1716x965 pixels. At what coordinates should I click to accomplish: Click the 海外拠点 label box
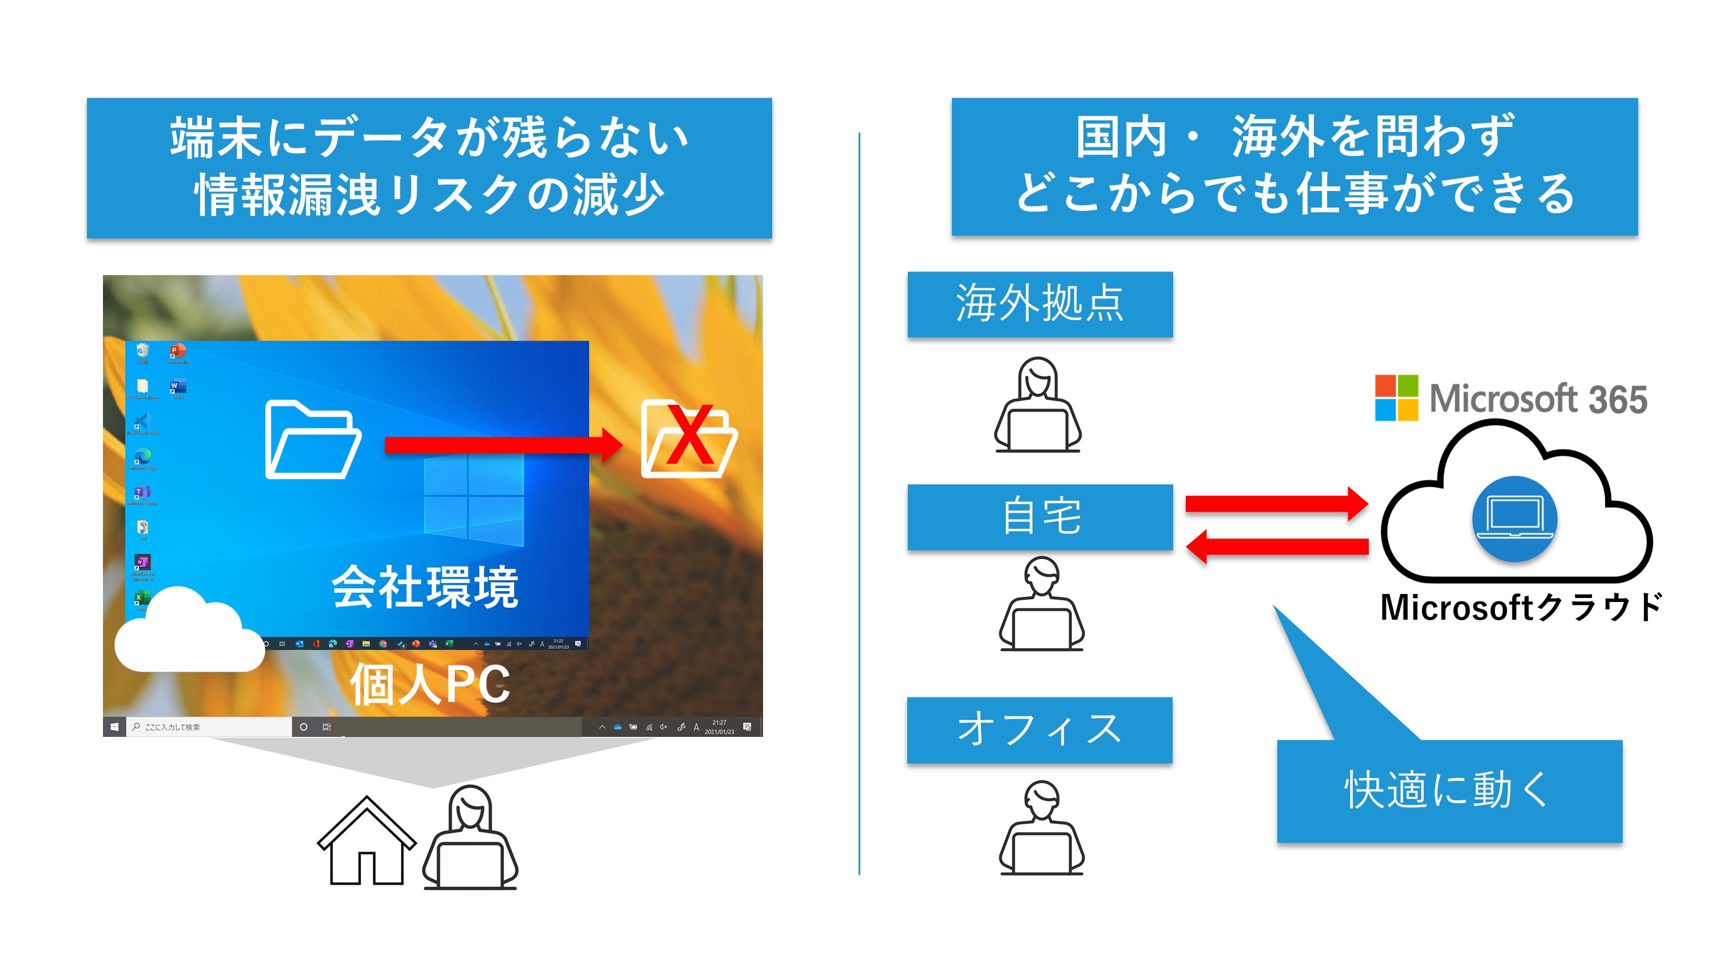[x=1039, y=304]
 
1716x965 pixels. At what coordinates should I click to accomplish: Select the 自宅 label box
[x=1039, y=517]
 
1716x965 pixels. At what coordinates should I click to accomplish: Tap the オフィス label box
[x=1039, y=730]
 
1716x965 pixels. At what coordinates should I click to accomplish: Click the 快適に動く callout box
[x=1449, y=791]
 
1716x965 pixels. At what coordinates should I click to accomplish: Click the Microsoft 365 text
[x=1538, y=399]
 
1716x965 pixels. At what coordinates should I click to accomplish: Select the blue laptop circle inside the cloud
[x=1514, y=518]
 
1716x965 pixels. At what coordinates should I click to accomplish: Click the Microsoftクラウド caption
[x=1521, y=607]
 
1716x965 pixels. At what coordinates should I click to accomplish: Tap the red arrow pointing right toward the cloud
[x=1276, y=504]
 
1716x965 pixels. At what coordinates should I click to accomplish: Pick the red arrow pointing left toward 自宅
[x=1276, y=547]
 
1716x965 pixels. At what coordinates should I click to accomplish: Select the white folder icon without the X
[x=312, y=439]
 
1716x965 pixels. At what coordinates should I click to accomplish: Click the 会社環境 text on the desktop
[x=425, y=587]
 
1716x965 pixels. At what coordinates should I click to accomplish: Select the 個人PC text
[x=430, y=684]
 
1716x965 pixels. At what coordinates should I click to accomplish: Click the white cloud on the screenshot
[x=189, y=631]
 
